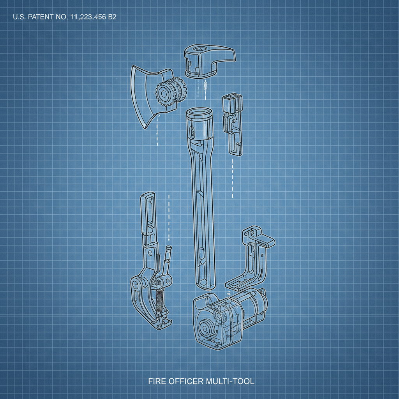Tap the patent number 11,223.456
(x=88, y=17)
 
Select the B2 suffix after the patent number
(x=112, y=17)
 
